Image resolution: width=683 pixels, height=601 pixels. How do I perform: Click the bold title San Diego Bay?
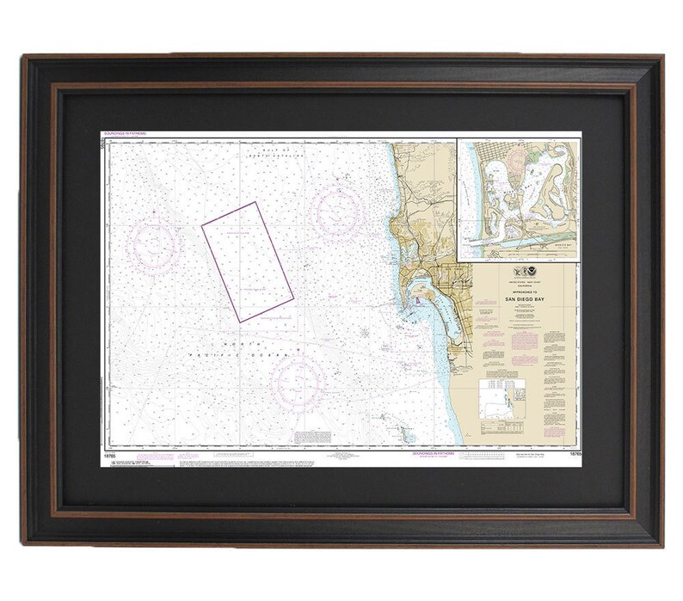click(x=518, y=297)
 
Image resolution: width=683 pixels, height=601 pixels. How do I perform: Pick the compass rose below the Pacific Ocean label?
click(x=297, y=381)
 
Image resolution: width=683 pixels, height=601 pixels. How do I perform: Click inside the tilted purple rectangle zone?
click(x=249, y=261)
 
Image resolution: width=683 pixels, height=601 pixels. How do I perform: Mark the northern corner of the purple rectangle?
click(x=257, y=202)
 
